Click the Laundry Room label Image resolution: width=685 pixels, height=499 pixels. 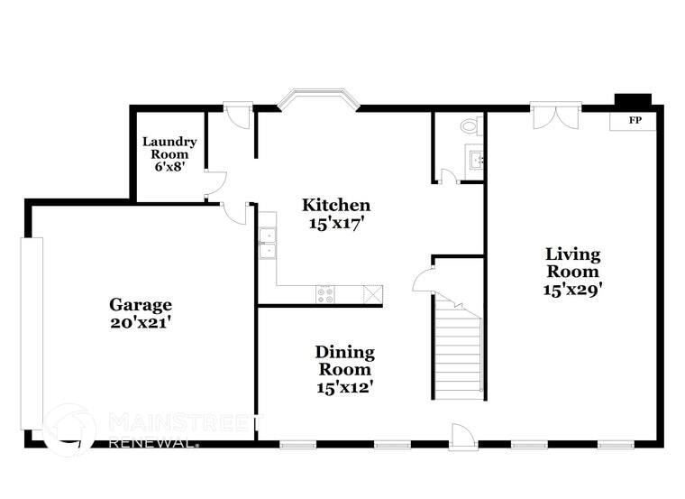coord(169,148)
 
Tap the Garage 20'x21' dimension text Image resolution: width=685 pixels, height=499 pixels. coord(141,323)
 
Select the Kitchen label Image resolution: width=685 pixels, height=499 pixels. coord(335,205)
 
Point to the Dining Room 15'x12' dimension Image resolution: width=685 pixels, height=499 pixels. coord(344,387)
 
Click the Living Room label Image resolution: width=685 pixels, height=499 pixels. coord(571,263)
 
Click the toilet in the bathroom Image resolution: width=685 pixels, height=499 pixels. coord(470,125)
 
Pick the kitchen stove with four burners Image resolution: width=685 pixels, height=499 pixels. coord(325,293)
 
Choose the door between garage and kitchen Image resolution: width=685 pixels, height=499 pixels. coord(236,212)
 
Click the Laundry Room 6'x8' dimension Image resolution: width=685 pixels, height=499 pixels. coord(169,166)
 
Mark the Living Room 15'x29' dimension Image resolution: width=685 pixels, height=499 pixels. coord(571,290)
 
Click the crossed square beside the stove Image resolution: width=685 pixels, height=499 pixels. coord(372,293)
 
